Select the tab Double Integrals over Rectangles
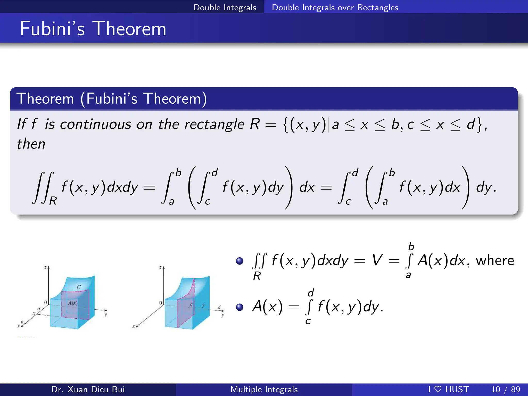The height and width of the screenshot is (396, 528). click(335, 7)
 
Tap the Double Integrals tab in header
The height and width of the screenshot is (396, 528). click(225, 7)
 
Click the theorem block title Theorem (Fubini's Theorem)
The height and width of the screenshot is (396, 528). click(111, 98)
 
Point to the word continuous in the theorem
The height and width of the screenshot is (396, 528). click(96, 124)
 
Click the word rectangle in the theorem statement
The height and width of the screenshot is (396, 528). click(214, 124)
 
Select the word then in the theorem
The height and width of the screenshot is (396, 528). click(31, 144)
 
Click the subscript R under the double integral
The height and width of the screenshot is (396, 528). click(53, 201)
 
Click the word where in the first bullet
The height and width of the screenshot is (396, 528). click(495, 260)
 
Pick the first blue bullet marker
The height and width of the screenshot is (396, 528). click(240, 261)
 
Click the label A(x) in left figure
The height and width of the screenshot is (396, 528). click(73, 303)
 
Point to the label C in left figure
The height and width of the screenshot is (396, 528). click(79, 287)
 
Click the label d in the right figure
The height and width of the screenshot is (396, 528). click(219, 307)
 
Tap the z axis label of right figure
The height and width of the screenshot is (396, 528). click(160, 267)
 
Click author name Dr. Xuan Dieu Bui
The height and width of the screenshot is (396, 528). click(88, 389)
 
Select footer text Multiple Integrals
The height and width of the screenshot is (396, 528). click(264, 389)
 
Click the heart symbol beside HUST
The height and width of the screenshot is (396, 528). click(438, 389)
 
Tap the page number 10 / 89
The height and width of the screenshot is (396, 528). click(505, 389)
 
